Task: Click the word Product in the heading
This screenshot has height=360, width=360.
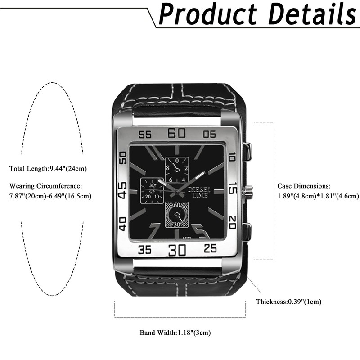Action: coord(208,14)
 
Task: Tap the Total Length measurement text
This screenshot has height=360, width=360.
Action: coord(48,169)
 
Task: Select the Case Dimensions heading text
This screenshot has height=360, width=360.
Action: coord(304,186)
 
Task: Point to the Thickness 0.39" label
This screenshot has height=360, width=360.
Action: coord(288,301)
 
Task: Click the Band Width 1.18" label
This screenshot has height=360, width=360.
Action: coord(175,333)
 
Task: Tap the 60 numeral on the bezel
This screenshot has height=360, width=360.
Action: coord(176,133)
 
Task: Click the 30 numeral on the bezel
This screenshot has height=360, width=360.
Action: coord(177,250)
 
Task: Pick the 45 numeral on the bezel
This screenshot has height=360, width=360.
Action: coord(122,190)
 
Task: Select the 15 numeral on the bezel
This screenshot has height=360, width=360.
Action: coord(233,188)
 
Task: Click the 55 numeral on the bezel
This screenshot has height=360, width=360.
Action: coord(145,135)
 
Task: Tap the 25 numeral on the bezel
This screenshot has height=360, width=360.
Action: coord(210,248)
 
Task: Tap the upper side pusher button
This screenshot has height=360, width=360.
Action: coord(247,152)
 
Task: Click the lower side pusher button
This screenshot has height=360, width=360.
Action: coord(247,232)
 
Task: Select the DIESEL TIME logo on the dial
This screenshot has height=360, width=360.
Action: coord(199,193)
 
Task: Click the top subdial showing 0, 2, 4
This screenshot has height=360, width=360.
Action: coord(177,170)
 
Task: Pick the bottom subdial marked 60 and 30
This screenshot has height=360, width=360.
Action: coord(177,215)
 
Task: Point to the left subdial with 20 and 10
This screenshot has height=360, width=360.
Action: coord(152,190)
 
